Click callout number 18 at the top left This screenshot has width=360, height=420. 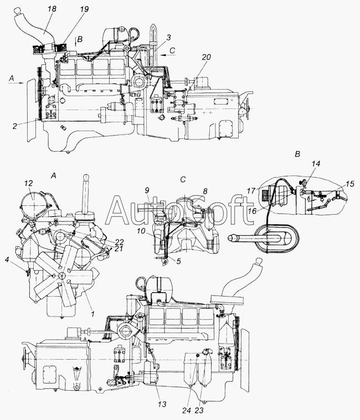(x=52, y=9)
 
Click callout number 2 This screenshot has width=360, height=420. (x=15, y=126)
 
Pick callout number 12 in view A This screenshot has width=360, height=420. (x=28, y=183)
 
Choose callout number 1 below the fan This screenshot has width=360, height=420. (x=92, y=314)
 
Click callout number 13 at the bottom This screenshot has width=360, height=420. (x=162, y=404)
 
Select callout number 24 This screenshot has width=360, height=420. (x=187, y=411)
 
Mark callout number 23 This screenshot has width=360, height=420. (x=199, y=411)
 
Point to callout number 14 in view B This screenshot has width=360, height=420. (x=316, y=164)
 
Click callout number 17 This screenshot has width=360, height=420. (x=251, y=191)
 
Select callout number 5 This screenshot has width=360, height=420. (x=178, y=261)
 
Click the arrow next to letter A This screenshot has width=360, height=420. (x=17, y=83)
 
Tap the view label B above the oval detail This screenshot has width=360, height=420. (x=297, y=154)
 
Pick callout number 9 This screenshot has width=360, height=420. (x=147, y=190)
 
